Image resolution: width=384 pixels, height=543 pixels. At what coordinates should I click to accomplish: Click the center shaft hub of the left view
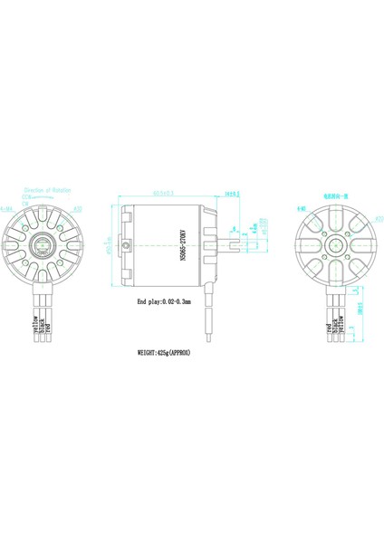pos(45,243)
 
